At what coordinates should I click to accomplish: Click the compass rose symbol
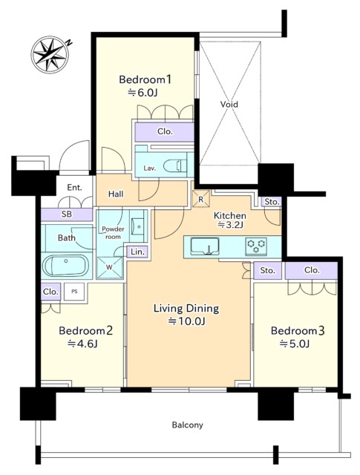pyautogui.click(x=50, y=54)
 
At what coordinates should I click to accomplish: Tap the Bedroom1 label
pyautogui.click(x=145, y=79)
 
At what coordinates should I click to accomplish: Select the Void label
pyautogui.click(x=229, y=105)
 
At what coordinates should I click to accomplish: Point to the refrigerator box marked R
pyautogui.click(x=200, y=199)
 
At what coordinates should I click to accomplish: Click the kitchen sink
pyautogui.click(x=205, y=246)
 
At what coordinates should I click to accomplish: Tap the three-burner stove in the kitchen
pyautogui.click(x=256, y=246)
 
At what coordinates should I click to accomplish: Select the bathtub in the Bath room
pyautogui.click(x=66, y=266)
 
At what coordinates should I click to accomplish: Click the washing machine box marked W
pyautogui.click(x=109, y=268)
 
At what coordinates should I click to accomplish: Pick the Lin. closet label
pyautogui.click(x=137, y=252)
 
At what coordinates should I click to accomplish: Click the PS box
pyautogui.click(x=74, y=292)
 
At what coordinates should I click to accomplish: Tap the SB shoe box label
pyautogui.click(x=67, y=214)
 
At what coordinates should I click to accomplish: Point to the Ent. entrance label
pyautogui.click(x=74, y=188)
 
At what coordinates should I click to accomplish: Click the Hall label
pyautogui.click(x=116, y=194)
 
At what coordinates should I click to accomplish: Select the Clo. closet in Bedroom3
pyautogui.click(x=311, y=270)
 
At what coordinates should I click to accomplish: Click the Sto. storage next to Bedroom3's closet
pyautogui.click(x=267, y=270)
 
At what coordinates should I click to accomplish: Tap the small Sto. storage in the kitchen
pyautogui.click(x=272, y=202)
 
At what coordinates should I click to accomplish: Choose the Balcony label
pyautogui.click(x=188, y=425)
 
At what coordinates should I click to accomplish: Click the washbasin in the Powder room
pyautogui.click(x=139, y=226)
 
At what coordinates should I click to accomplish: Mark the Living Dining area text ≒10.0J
pyautogui.click(x=187, y=321)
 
